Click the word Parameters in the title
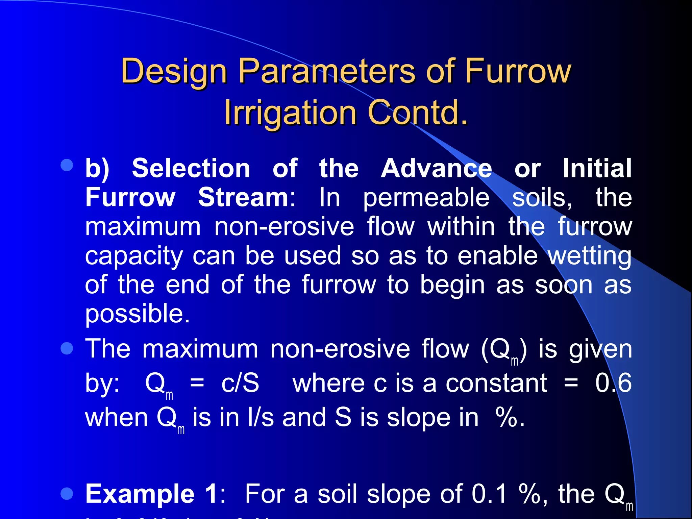point(326,71)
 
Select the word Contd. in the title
point(418,113)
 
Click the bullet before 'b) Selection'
point(67,165)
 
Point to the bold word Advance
point(436,168)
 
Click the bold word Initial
point(597,168)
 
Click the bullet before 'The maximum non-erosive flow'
point(67,348)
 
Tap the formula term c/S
point(240,383)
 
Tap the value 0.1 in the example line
point(489,494)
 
